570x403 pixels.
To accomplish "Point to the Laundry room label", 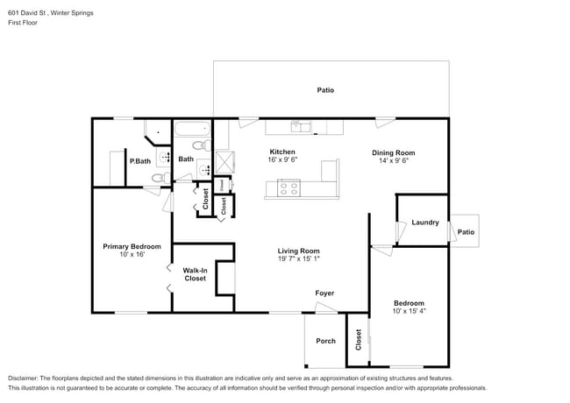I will (x=424, y=223).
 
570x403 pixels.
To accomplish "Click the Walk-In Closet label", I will (x=195, y=274).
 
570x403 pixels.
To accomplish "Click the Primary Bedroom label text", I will (x=132, y=246).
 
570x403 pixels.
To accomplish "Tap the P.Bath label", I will (x=139, y=160).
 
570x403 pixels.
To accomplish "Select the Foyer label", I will (x=324, y=293).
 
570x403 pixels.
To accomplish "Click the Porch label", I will (x=325, y=341).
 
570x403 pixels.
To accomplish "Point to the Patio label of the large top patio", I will (x=325, y=90).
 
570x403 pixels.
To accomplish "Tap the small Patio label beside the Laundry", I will (x=466, y=232).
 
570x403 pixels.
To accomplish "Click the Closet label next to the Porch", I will (x=359, y=339).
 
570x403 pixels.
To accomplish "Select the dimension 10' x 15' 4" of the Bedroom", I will (x=409, y=311).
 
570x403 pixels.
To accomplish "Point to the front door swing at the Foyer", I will (x=324, y=308).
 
